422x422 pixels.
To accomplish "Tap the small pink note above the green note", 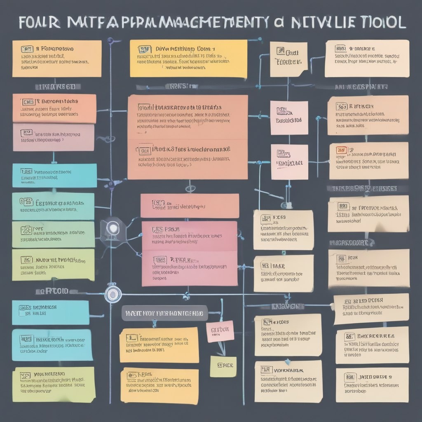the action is [220, 331].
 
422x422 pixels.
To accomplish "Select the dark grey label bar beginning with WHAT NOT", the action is [164, 314].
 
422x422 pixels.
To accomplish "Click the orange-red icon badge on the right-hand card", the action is [341, 150].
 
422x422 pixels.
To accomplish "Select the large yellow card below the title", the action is [188, 58].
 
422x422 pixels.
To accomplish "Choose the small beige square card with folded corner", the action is [288, 59].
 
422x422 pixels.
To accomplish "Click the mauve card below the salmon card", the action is [54, 137].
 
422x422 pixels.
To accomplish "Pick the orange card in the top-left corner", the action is [56, 58].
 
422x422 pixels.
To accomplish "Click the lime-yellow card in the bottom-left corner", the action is [54, 384].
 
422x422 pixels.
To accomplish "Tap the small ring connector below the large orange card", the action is [190, 189].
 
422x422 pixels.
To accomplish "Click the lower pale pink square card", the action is [289, 162].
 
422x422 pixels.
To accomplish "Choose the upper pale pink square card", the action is [289, 117].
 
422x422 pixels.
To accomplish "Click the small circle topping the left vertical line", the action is [110, 41].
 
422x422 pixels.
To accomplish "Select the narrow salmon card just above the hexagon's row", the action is [190, 206].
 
